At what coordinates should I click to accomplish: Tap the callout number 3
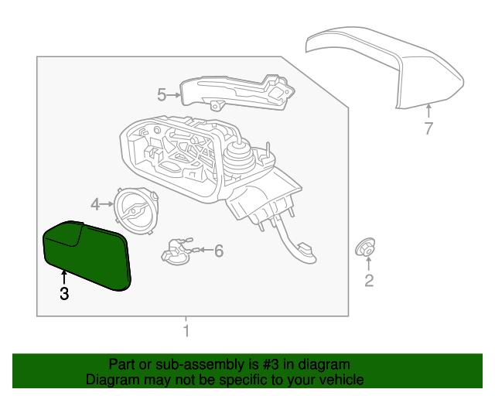pos(64,294)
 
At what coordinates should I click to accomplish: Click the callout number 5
pos(162,94)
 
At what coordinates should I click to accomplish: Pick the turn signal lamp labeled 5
pos(236,91)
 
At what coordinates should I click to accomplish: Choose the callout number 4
pos(95,204)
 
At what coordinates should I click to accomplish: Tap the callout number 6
pos(219,251)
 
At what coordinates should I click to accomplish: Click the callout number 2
pos(369,281)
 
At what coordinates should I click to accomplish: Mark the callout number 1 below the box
pos(186,332)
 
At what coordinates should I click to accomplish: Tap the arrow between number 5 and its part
pos(174,94)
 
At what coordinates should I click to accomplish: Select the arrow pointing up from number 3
pos(64,275)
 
